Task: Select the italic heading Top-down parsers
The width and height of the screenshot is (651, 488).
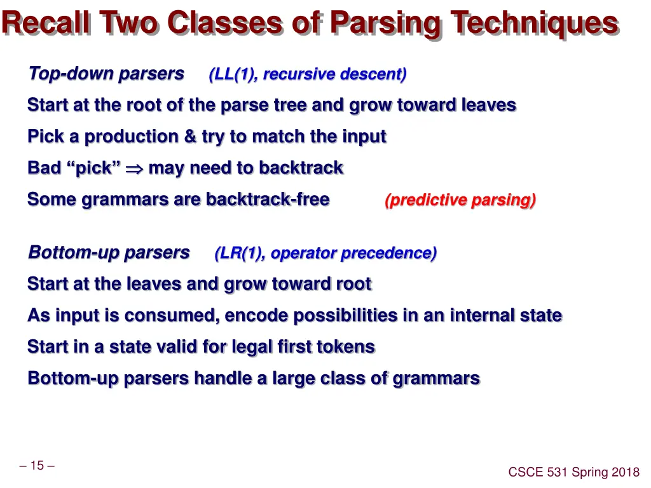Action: [x=106, y=74]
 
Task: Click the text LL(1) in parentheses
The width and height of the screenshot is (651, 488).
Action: [x=233, y=74]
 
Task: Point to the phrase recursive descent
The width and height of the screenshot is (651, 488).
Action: [x=334, y=74]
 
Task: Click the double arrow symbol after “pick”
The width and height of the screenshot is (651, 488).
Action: [x=135, y=168]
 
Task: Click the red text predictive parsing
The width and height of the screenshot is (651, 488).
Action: [x=460, y=200]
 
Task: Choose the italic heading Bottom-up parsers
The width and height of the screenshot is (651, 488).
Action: [x=109, y=252]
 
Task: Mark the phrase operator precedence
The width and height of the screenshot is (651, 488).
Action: [x=353, y=253]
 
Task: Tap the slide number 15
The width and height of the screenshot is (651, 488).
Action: [x=37, y=466]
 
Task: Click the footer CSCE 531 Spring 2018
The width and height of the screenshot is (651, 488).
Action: [x=573, y=471]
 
